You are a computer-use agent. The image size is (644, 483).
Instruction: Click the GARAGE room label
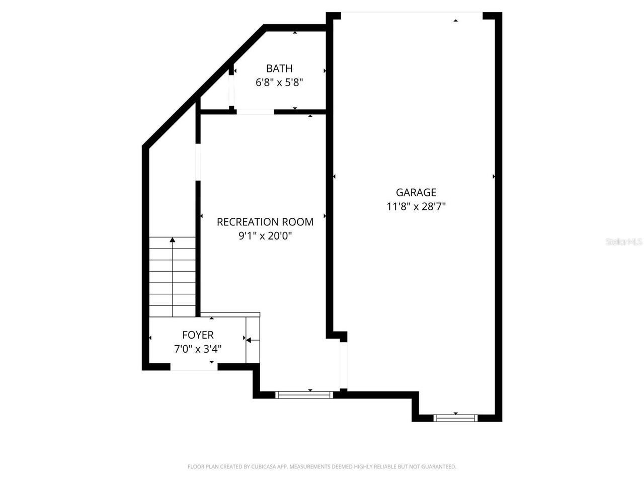click(416, 192)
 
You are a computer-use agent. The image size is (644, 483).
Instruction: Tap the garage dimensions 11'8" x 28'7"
click(416, 206)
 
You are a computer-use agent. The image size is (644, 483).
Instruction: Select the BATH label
click(279, 68)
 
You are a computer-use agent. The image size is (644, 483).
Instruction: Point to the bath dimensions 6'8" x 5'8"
click(279, 83)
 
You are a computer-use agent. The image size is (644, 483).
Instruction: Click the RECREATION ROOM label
click(265, 222)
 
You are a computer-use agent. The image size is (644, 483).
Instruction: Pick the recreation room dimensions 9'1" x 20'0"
click(265, 236)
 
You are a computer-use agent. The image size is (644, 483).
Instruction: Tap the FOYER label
click(198, 335)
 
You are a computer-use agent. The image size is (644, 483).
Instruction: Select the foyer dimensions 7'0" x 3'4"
click(198, 349)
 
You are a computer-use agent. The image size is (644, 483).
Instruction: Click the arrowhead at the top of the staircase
click(173, 240)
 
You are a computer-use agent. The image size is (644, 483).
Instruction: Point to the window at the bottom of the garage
click(455, 418)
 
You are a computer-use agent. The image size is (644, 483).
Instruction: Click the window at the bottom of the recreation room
click(305, 395)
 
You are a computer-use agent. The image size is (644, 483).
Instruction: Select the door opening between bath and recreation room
click(255, 112)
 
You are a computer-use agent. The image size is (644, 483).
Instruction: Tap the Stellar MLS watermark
click(624, 242)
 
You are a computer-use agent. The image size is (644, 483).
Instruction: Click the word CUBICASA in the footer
click(265, 467)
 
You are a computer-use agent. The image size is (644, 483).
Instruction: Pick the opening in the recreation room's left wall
click(198, 162)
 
